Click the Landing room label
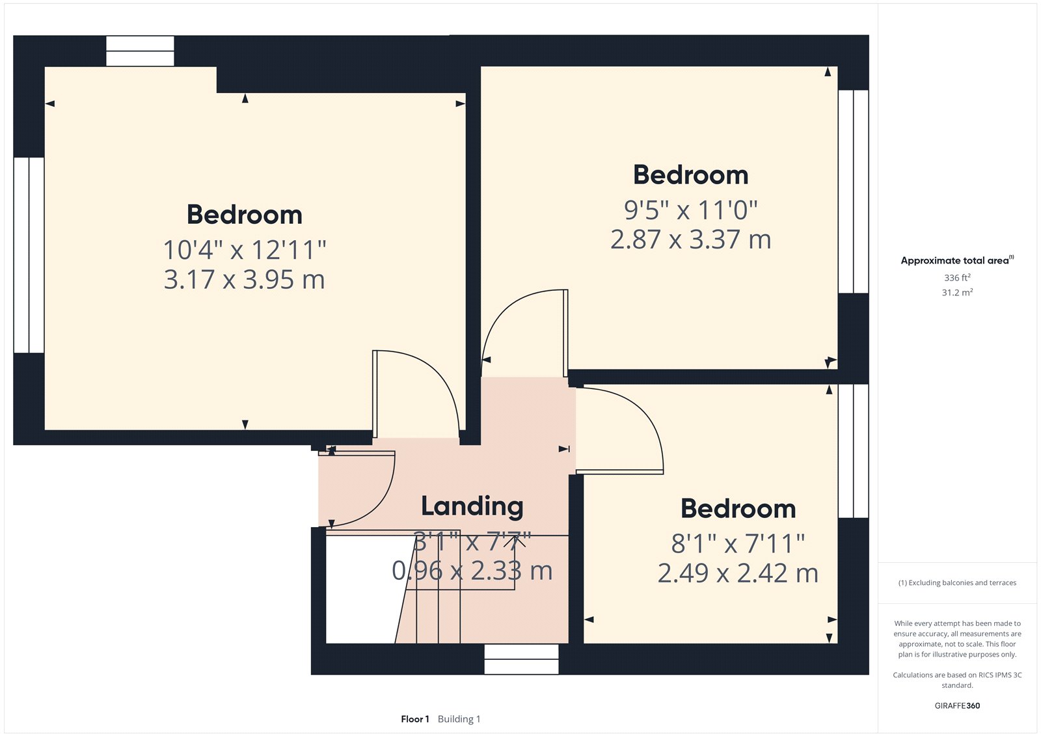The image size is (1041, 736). tap(472, 506)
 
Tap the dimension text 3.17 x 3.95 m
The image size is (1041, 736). tap(244, 280)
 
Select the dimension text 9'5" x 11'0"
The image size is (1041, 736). tap(690, 210)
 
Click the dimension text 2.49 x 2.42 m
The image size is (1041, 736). tap(738, 573)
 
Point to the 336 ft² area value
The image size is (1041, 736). tap(957, 278)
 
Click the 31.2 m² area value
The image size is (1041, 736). tap(957, 293)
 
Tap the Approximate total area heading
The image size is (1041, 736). tap(954, 260)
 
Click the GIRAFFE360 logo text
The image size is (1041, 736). tap(957, 705)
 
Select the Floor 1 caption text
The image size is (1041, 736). tap(415, 719)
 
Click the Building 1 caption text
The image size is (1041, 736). tap(459, 719)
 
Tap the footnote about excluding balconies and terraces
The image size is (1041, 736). tap(957, 583)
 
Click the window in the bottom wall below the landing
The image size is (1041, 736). tap(521, 659)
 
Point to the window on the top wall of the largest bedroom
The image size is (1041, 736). tap(140, 51)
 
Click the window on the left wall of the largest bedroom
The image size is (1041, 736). tap(29, 255)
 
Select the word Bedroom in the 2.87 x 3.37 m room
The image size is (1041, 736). tap(690, 175)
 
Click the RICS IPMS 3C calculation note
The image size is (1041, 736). tap(957, 680)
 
